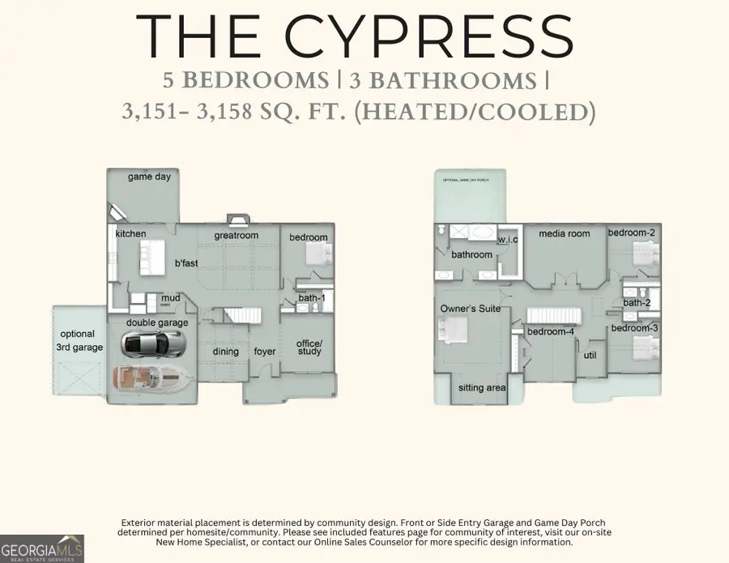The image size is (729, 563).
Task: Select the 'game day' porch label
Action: [x=150, y=177]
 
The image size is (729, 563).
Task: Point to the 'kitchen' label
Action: [x=131, y=234]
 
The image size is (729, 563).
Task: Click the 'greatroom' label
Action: [x=236, y=236]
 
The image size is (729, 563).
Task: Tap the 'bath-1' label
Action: [x=311, y=299]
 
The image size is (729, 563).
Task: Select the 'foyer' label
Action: [x=265, y=352]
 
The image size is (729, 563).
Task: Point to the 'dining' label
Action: [x=226, y=352]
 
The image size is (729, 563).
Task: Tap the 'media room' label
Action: [x=565, y=234]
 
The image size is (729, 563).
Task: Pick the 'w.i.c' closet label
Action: [x=508, y=240]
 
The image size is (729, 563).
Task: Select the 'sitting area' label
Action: [x=482, y=388]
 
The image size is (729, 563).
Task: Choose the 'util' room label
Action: [x=590, y=354]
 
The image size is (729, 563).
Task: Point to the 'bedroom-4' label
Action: [x=551, y=332]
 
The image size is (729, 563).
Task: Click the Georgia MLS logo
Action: [x=42, y=547]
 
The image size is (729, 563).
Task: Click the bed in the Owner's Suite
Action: [x=450, y=331]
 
